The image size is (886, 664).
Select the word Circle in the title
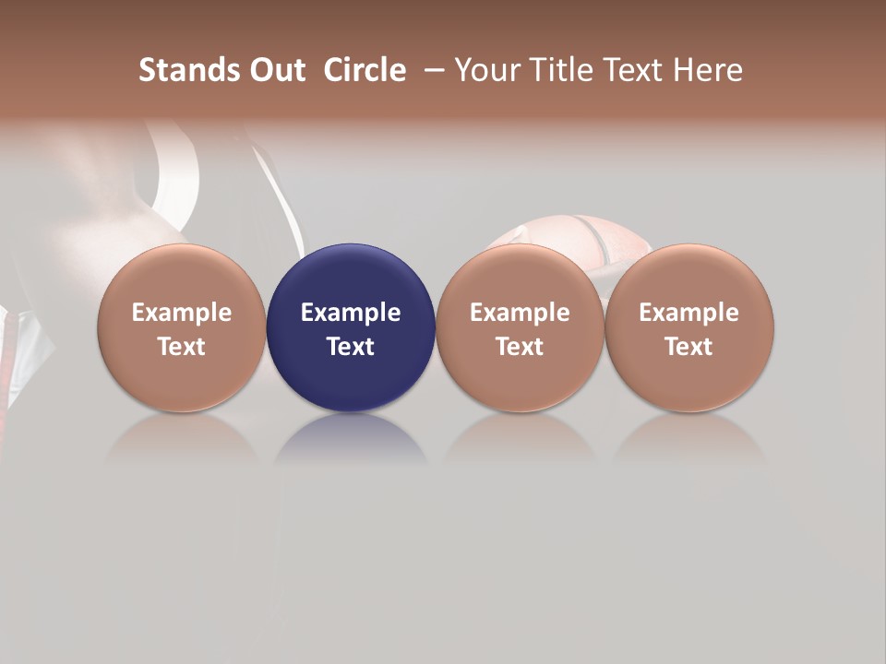pos(365,70)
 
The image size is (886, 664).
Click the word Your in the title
pos(488,70)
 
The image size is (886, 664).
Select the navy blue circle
pos(351,327)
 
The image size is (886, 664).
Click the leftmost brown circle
pos(181,327)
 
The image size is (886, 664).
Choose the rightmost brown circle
pos(689,327)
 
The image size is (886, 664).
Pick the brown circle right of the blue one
pos(520,327)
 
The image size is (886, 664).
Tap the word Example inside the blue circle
pos(351,313)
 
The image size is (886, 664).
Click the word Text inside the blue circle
pos(351,347)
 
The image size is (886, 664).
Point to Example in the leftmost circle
pos(181,313)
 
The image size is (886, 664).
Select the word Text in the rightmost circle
pos(689,347)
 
